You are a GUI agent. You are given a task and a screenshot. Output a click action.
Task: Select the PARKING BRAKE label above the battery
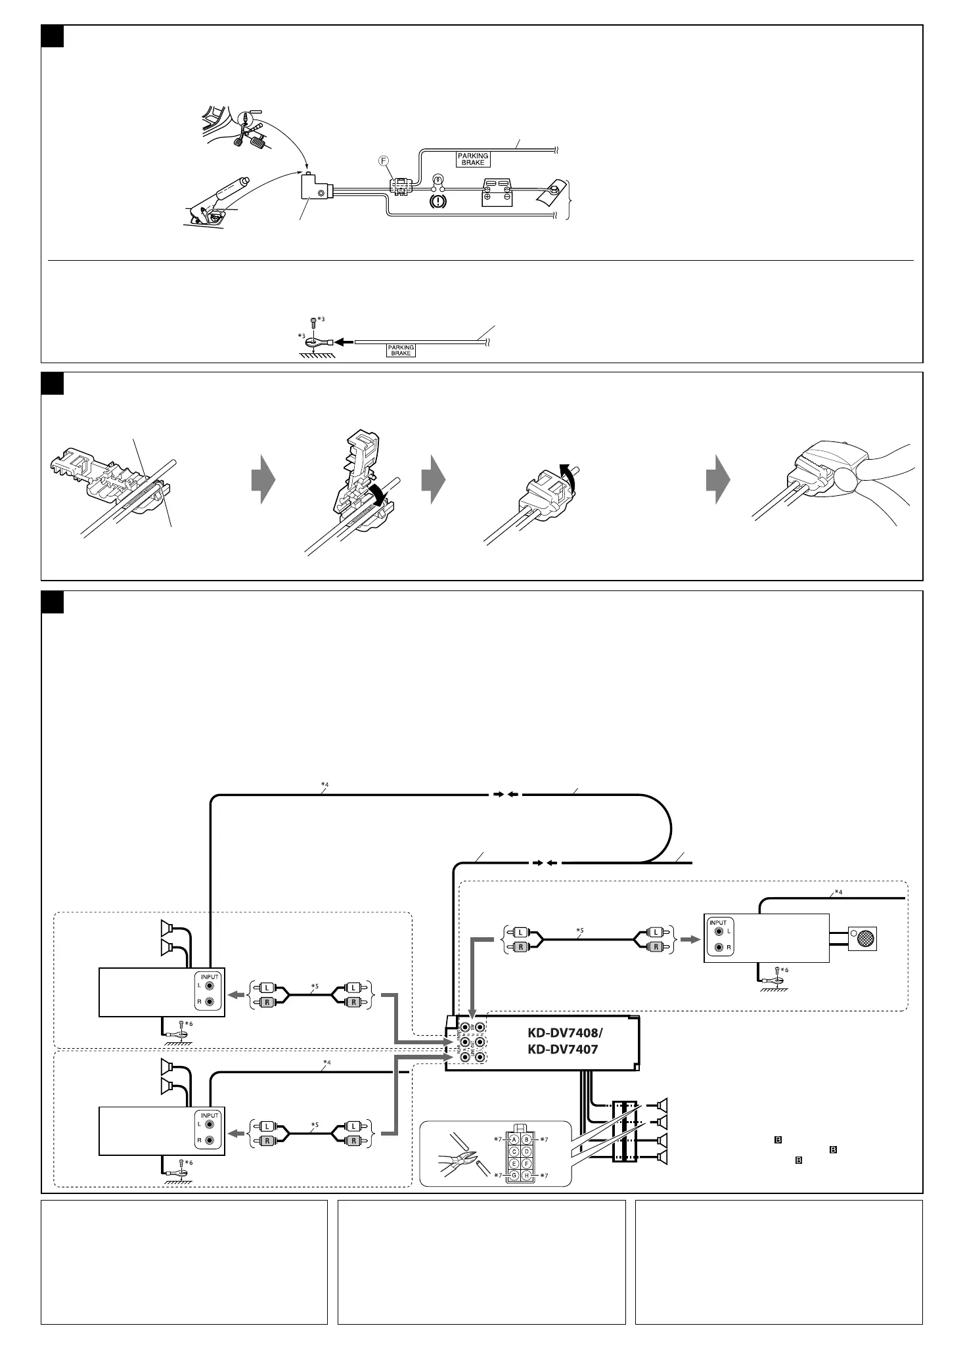473,159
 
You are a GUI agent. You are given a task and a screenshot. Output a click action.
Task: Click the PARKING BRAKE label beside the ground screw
401,351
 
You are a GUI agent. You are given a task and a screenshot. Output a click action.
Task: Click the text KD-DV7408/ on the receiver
564,1032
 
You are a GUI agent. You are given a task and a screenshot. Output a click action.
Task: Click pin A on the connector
515,1139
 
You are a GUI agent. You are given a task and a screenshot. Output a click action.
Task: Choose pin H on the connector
527,1175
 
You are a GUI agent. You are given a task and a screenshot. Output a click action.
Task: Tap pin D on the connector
527,1151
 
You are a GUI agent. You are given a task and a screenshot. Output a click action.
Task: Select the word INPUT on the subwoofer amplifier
718,923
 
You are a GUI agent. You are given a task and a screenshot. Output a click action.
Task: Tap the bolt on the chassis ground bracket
554,190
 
